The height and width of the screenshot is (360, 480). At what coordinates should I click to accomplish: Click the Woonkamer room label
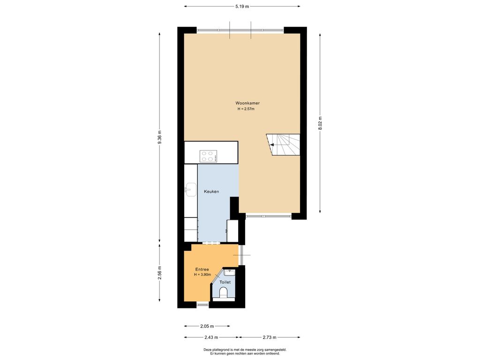point(247,103)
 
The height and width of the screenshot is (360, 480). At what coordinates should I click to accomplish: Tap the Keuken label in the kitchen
point(211,192)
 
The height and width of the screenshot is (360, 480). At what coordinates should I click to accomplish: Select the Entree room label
point(202,270)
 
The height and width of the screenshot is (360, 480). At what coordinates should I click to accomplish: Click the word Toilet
point(225,282)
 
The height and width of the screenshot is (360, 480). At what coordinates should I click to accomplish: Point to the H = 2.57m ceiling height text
point(246,109)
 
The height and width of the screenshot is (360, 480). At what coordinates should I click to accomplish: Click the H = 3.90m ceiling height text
point(202,275)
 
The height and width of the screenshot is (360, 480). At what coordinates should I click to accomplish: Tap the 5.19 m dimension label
point(242,6)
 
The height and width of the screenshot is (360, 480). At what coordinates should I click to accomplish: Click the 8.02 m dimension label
point(320,123)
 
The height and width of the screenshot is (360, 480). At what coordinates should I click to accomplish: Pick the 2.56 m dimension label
point(159,272)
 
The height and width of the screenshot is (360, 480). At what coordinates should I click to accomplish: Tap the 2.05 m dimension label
point(207,326)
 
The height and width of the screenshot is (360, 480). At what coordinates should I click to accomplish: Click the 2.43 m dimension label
point(211,337)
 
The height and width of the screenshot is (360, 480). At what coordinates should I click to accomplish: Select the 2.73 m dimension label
point(270,337)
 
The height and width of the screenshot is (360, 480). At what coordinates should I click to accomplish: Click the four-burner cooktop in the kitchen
point(209,156)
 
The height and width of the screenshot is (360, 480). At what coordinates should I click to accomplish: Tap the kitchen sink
point(191,189)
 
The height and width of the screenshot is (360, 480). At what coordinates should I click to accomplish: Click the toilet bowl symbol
point(224,292)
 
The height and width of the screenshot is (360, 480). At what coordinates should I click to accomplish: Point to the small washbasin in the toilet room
point(229,272)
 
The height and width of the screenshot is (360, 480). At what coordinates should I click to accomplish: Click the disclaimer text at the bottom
point(245,352)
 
